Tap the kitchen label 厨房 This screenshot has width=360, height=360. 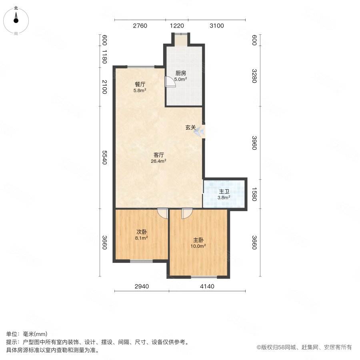(181, 73)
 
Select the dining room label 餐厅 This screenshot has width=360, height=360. (140, 84)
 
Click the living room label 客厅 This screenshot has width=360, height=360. (159, 155)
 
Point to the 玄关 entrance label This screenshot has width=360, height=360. (190, 128)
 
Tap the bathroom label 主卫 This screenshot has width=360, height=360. (224, 192)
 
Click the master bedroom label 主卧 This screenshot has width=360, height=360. (199, 240)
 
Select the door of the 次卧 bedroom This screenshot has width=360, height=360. (162, 213)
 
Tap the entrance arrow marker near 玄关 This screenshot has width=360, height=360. (199, 131)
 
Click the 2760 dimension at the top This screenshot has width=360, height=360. (140, 26)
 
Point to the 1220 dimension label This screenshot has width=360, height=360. (177, 26)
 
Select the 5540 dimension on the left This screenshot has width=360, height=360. (105, 157)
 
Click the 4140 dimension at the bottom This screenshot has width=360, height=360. (199, 286)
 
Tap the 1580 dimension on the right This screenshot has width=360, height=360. (254, 194)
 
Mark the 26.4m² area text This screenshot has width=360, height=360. (159, 161)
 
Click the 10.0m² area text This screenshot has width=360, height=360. (199, 246)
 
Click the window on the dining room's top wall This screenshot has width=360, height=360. (140, 66)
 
